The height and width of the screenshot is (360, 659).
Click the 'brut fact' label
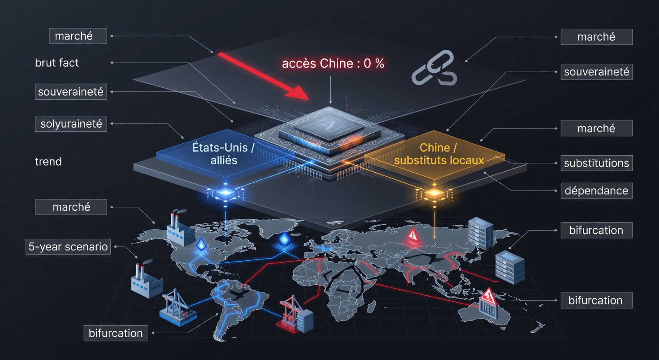57,63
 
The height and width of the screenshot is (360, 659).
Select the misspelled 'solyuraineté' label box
71,124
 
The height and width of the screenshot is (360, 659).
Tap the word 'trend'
49,161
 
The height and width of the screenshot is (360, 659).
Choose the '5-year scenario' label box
68,246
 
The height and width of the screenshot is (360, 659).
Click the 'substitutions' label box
596,163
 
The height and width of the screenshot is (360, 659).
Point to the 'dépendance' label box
596,191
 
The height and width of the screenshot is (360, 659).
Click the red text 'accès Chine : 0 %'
333,63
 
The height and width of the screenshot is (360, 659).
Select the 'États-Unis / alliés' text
223,154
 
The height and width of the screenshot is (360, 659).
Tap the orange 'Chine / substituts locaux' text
439,154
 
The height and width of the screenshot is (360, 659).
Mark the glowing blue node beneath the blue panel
225,193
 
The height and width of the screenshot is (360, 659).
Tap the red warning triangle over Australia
488,297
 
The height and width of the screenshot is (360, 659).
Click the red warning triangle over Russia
413,235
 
